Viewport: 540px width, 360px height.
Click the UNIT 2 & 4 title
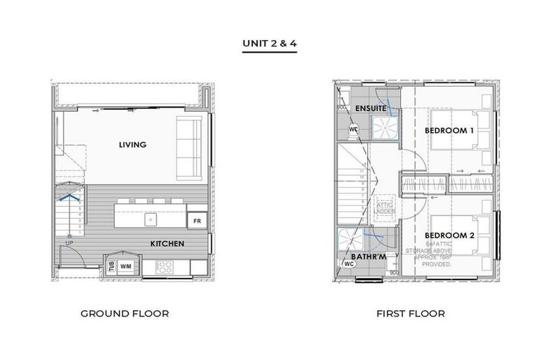[269, 43]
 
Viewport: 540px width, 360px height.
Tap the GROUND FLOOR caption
[124, 314]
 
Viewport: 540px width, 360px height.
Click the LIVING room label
[132, 145]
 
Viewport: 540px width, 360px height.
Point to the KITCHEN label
[167, 244]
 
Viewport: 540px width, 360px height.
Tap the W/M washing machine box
[126, 266]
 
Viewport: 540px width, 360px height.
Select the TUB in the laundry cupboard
[111, 266]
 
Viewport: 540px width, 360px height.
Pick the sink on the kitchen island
[150, 219]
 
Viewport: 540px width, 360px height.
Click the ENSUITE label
[370, 108]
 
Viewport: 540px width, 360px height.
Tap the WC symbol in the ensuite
[354, 129]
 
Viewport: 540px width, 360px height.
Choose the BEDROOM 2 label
[449, 235]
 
